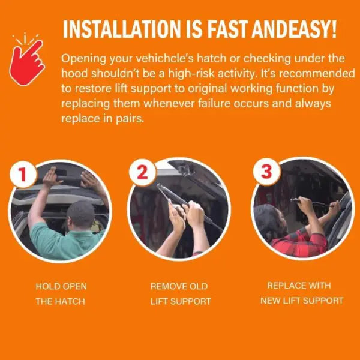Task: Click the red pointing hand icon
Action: pos(27,62)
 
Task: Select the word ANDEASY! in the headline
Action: pos(294,29)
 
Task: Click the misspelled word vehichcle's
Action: pos(165,59)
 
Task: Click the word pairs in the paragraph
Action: pos(130,119)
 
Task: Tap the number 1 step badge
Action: pos(23,174)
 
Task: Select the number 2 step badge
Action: pos(142,172)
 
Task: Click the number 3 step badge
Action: pos(266,172)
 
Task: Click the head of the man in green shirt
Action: pos(81,214)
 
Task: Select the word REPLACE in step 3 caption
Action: pos(283,286)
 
